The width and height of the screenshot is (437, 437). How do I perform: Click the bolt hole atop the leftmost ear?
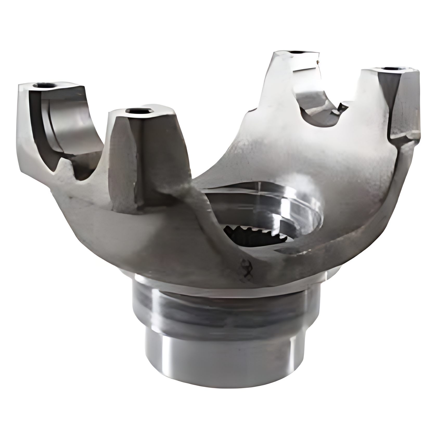click(x=45, y=85)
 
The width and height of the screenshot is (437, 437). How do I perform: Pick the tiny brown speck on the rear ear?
click(x=318, y=61)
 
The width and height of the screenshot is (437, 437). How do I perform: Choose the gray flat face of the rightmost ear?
click(x=403, y=104)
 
